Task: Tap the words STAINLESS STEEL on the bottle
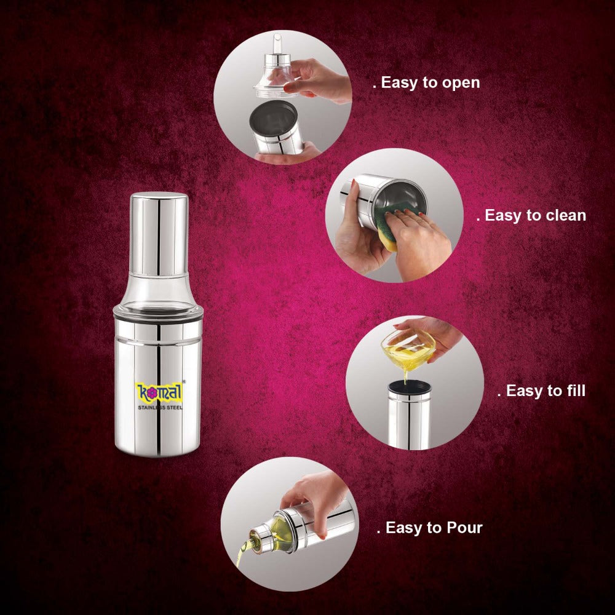pos(158,407)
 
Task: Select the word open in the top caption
pos(459,82)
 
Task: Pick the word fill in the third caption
pos(572,391)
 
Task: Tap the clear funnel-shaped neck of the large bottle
pos(159,288)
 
